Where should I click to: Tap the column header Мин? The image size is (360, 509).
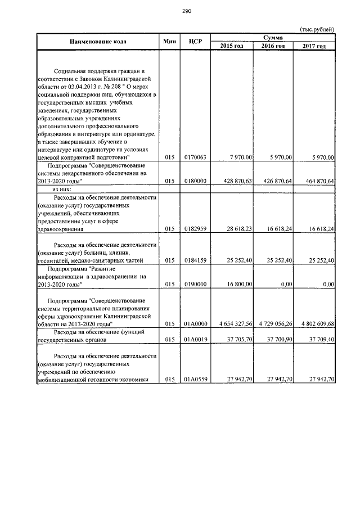[x=169, y=42]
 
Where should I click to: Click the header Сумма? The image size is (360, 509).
[x=273, y=37]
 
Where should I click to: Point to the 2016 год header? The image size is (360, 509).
[x=273, y=46]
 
